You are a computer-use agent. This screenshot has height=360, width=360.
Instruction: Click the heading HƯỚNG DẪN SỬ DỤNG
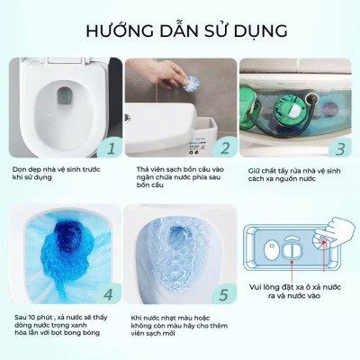point(180,30)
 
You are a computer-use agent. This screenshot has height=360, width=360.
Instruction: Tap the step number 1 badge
point(110,148)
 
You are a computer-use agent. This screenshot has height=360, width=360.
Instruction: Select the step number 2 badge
point(226,148)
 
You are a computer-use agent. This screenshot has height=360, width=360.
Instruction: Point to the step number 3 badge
point(340,148)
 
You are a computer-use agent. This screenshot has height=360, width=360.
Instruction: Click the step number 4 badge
point(109,293)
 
